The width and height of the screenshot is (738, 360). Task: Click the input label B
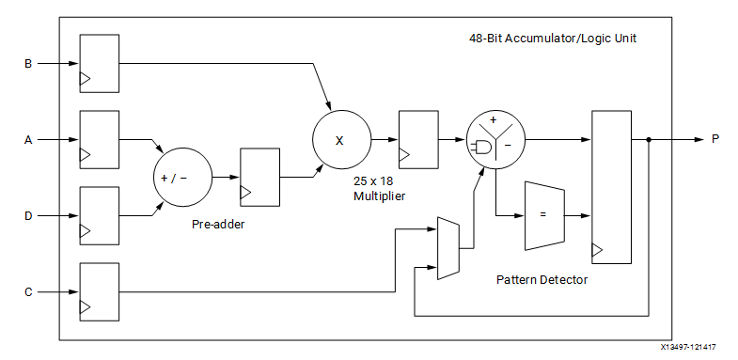(x=28, y=64)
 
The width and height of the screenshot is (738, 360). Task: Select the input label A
(x=28, y=140)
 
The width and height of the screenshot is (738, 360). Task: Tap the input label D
(x=28, y=216)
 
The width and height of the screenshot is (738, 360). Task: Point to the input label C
(x=28, y=292)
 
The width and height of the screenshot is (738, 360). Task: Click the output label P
(x=715, y=139)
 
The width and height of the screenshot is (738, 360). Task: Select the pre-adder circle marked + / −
(x=183, y=178)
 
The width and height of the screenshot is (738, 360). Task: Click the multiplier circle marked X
(x=341, y=140)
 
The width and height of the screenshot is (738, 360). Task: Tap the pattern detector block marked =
(x=544, y=215)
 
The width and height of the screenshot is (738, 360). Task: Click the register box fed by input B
(x=100, y=64)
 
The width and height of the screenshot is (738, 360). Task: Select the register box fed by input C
(x=100, y=292)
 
